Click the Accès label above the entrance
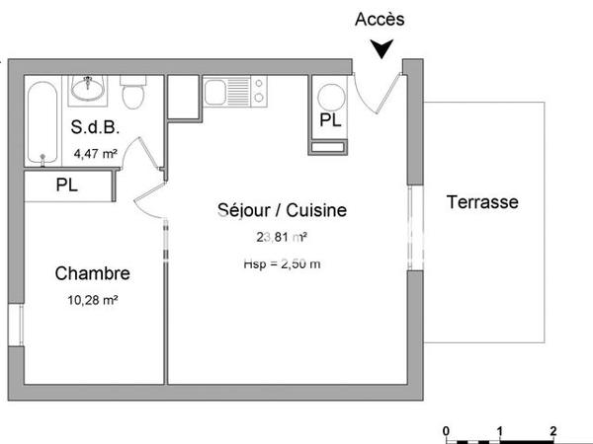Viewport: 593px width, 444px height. pyautogui.click(x=380, y=19)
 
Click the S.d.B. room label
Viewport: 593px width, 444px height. pyautogui.click(x=93, y=127)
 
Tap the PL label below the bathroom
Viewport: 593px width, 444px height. pyautogui.click(x=67, y=184)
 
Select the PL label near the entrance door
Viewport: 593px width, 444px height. pyautogui.click(x=331, y=120)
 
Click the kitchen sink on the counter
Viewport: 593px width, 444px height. pyautogui.click(x=216, y=93)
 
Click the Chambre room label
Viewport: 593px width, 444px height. pyautogui.click(x=92, y=273)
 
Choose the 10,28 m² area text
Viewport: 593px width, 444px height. pyautogui.click(x=92, y=301)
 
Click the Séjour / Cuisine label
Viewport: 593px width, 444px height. pyautogui.click(x=282, y=210)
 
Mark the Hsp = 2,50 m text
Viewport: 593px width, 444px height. pyautogui.click(x=282, y=263)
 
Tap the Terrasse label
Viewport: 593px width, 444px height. pyautogui.click(x=482, y=202)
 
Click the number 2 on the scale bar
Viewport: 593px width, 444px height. pyautogui.click(x=552, y=430)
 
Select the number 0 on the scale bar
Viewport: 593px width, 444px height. pyautogui.click(x=447, y=430)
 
